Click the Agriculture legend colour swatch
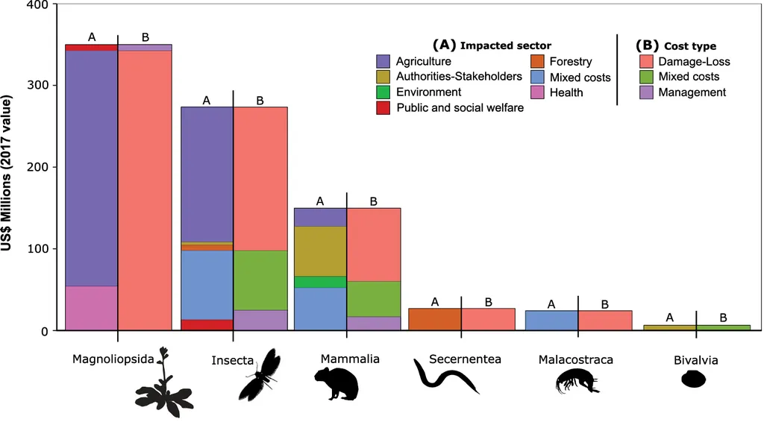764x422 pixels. click(x=383, y=62)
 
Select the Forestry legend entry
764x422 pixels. click(x=570, y=62)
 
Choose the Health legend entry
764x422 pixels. click(x=566, y=92)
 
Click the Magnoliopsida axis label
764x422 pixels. click(x=113, y=359)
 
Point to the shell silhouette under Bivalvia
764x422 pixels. click(x=694, y=380)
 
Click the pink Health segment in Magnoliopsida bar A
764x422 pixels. click(x=91, y=308)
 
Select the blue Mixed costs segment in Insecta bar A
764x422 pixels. click(x=207, y=284)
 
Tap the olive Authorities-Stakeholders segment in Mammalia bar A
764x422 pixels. click(x=320, y=251)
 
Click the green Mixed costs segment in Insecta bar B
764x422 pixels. click(x=260, y=280)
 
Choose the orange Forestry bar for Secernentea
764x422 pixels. click(x=434, y=319)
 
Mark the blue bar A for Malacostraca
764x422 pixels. click(x=551, y=321)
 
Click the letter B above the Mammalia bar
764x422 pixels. click(x=374, y=201)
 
